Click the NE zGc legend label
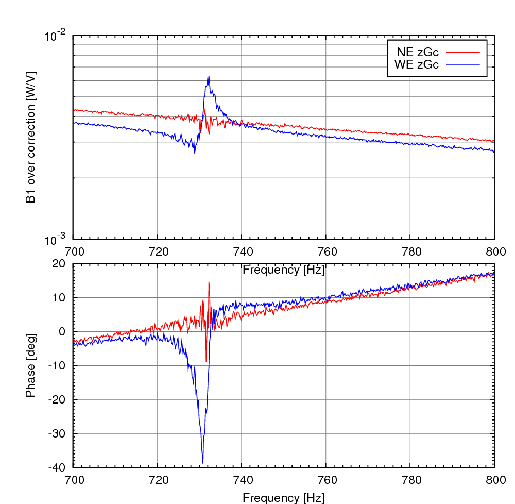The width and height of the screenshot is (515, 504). pos(417,52)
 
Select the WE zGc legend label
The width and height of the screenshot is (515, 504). pos(417,64)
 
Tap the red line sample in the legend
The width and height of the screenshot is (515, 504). pos(462,52)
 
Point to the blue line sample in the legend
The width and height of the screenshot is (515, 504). pos(462,64)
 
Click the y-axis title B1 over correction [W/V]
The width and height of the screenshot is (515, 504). pos(31,137)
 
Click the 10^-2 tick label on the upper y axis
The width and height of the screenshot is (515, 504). pos(56,37)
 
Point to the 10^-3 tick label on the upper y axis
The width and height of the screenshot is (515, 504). pos(56,240)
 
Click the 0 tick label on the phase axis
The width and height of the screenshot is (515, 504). pos(63,331)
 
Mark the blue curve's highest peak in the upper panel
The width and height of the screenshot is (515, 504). pos(209,77)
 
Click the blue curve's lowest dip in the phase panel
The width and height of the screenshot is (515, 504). pos(203,463)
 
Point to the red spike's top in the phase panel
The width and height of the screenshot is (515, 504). pos(209,282)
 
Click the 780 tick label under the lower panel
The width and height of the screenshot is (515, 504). pos(410,480)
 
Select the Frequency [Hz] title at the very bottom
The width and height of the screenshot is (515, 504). pos(284,497)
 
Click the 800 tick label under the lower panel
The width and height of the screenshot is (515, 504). pos(494,480)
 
